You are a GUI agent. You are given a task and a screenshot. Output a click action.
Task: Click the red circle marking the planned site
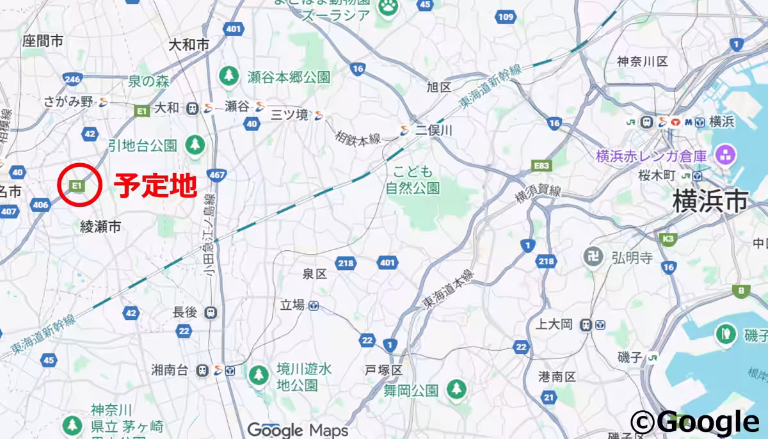(x=79, y=185)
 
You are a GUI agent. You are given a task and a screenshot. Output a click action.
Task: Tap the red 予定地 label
(x=154, y=186)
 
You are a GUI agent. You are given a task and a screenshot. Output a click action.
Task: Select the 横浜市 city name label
(x=710, y=202)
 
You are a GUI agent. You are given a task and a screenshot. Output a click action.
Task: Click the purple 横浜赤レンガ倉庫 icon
(x=726, y=154)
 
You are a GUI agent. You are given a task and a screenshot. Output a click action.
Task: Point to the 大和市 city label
(x=189, y=45)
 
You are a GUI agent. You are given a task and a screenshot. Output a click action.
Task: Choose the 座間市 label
(x=43, y=42)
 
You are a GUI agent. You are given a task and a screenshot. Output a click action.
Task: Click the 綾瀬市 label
(x=100, y=226)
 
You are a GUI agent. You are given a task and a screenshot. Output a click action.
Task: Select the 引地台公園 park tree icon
(x=195, y=144)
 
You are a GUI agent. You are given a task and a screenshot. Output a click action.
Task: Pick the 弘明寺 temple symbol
(x=593, y=257)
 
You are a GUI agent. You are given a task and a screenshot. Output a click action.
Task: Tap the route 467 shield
(x=217, y=175)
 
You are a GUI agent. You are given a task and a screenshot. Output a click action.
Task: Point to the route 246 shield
(x=72, y=79)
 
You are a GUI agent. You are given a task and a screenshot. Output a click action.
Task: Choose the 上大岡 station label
(x=554, y=324)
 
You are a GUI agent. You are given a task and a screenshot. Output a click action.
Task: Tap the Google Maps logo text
(x=298, y=429)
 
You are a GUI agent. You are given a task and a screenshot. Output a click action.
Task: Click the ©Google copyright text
(x=695, y=422)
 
